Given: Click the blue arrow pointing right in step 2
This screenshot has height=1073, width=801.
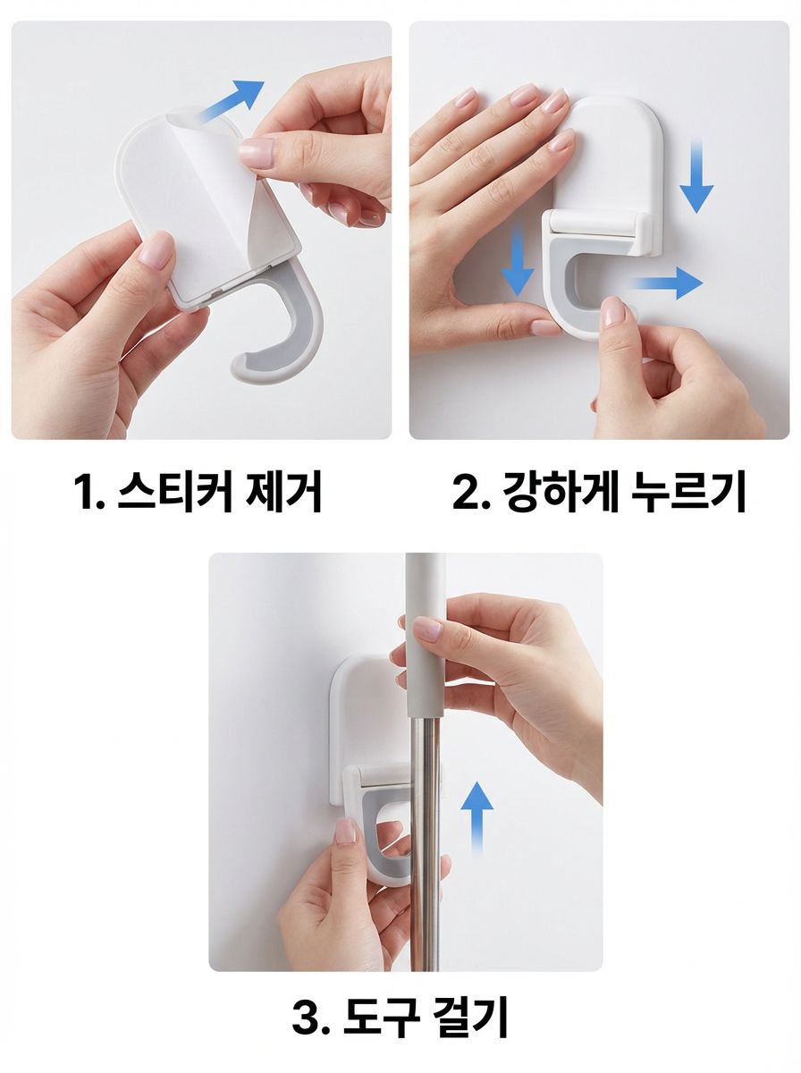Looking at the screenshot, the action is (x=667, y=283).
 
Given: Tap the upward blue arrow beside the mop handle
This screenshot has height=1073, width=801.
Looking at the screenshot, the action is (x=477, y=817).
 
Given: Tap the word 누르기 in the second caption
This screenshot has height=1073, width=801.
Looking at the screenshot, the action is (x=688, y=491).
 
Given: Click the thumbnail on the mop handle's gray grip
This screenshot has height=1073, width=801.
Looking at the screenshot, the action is (x=427, y=629).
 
